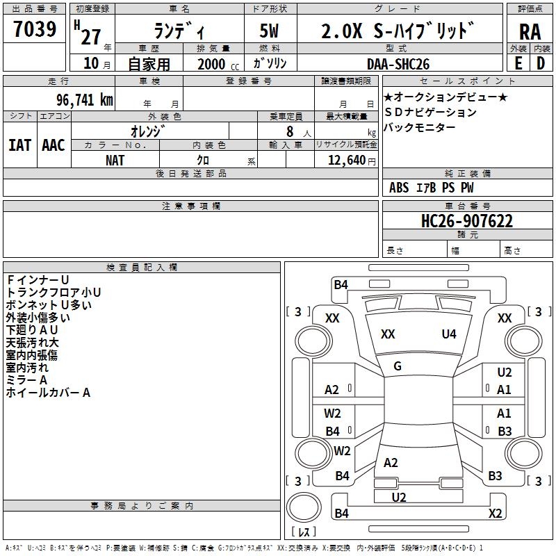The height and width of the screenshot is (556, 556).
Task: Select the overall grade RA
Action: pyautogui.click(x=530, y=31)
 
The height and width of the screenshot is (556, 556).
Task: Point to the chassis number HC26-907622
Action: pyautogui.click(x=467, y=221)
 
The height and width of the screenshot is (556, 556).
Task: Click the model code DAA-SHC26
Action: pyautogui.click(x=398, y=64)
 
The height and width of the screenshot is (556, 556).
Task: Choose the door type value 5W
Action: pyautogui.click(x=270, y=31)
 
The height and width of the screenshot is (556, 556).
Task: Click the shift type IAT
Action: pyautogui.click(x=20, y=145)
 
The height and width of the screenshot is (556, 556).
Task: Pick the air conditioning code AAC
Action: pyautogui.click(x=54, y=145)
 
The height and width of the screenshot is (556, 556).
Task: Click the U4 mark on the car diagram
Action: pyautogui.click(x=449, y=334)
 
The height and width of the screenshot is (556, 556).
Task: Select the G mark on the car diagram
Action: pyautogui.click(x=398, y=366)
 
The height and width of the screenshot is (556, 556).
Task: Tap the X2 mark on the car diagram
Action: pyautogui.click(x=495, y=514)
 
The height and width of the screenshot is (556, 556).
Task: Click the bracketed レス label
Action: pyautogui.click(x=304, y=532)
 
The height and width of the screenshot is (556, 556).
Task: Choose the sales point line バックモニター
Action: pyautogui.click(x=420, y=127)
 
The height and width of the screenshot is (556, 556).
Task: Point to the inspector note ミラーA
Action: pyautogui.click(x=26, y=380)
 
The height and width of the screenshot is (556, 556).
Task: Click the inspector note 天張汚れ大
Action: pyautogui.click(x=33, y=343)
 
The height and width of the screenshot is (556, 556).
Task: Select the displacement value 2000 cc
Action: pyautogui.click(x=218, y=64)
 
